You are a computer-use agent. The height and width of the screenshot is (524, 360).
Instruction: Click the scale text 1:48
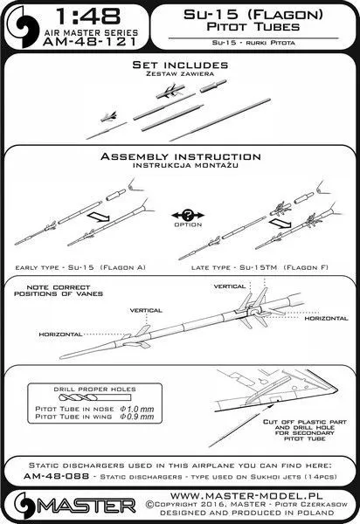tap(88, 17)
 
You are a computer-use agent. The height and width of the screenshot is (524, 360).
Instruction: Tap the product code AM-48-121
tap(90, 42)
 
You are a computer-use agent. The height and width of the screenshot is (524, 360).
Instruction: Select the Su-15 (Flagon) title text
tap(253, 14)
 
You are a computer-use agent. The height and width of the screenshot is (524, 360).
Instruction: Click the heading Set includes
tap(180, 65)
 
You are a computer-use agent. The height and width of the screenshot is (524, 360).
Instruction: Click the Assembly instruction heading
tap(181, 156)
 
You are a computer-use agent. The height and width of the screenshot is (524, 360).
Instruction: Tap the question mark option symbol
tap(188, 215)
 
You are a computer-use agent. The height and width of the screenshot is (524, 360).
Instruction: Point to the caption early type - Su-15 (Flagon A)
tap(80, 267)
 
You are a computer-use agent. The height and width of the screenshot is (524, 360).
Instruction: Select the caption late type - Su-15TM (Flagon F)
tap(260, 267)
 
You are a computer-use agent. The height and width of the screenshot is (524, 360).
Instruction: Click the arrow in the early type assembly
tap(98, 217)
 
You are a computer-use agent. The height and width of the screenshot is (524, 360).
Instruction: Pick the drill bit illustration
tap(94, 397)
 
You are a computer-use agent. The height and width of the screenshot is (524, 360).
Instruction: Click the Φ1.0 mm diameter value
tap(136, 409)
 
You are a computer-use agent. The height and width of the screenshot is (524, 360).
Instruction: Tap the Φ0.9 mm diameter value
tap(136, 417)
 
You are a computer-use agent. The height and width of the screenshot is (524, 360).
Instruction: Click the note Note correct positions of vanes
tap(59, 291)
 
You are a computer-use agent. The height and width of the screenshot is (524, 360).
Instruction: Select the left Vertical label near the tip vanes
tap(146, 310)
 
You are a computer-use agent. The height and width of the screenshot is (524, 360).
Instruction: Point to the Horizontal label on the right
tap(326, 319)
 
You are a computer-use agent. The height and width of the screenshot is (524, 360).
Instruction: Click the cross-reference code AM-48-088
tap(57, 476)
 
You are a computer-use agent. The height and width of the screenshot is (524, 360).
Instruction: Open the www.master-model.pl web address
tap(246, 495)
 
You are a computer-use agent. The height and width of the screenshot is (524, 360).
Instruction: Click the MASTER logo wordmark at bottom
tap(87, 507)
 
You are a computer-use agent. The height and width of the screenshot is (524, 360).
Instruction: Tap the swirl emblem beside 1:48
tap(23, 27)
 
